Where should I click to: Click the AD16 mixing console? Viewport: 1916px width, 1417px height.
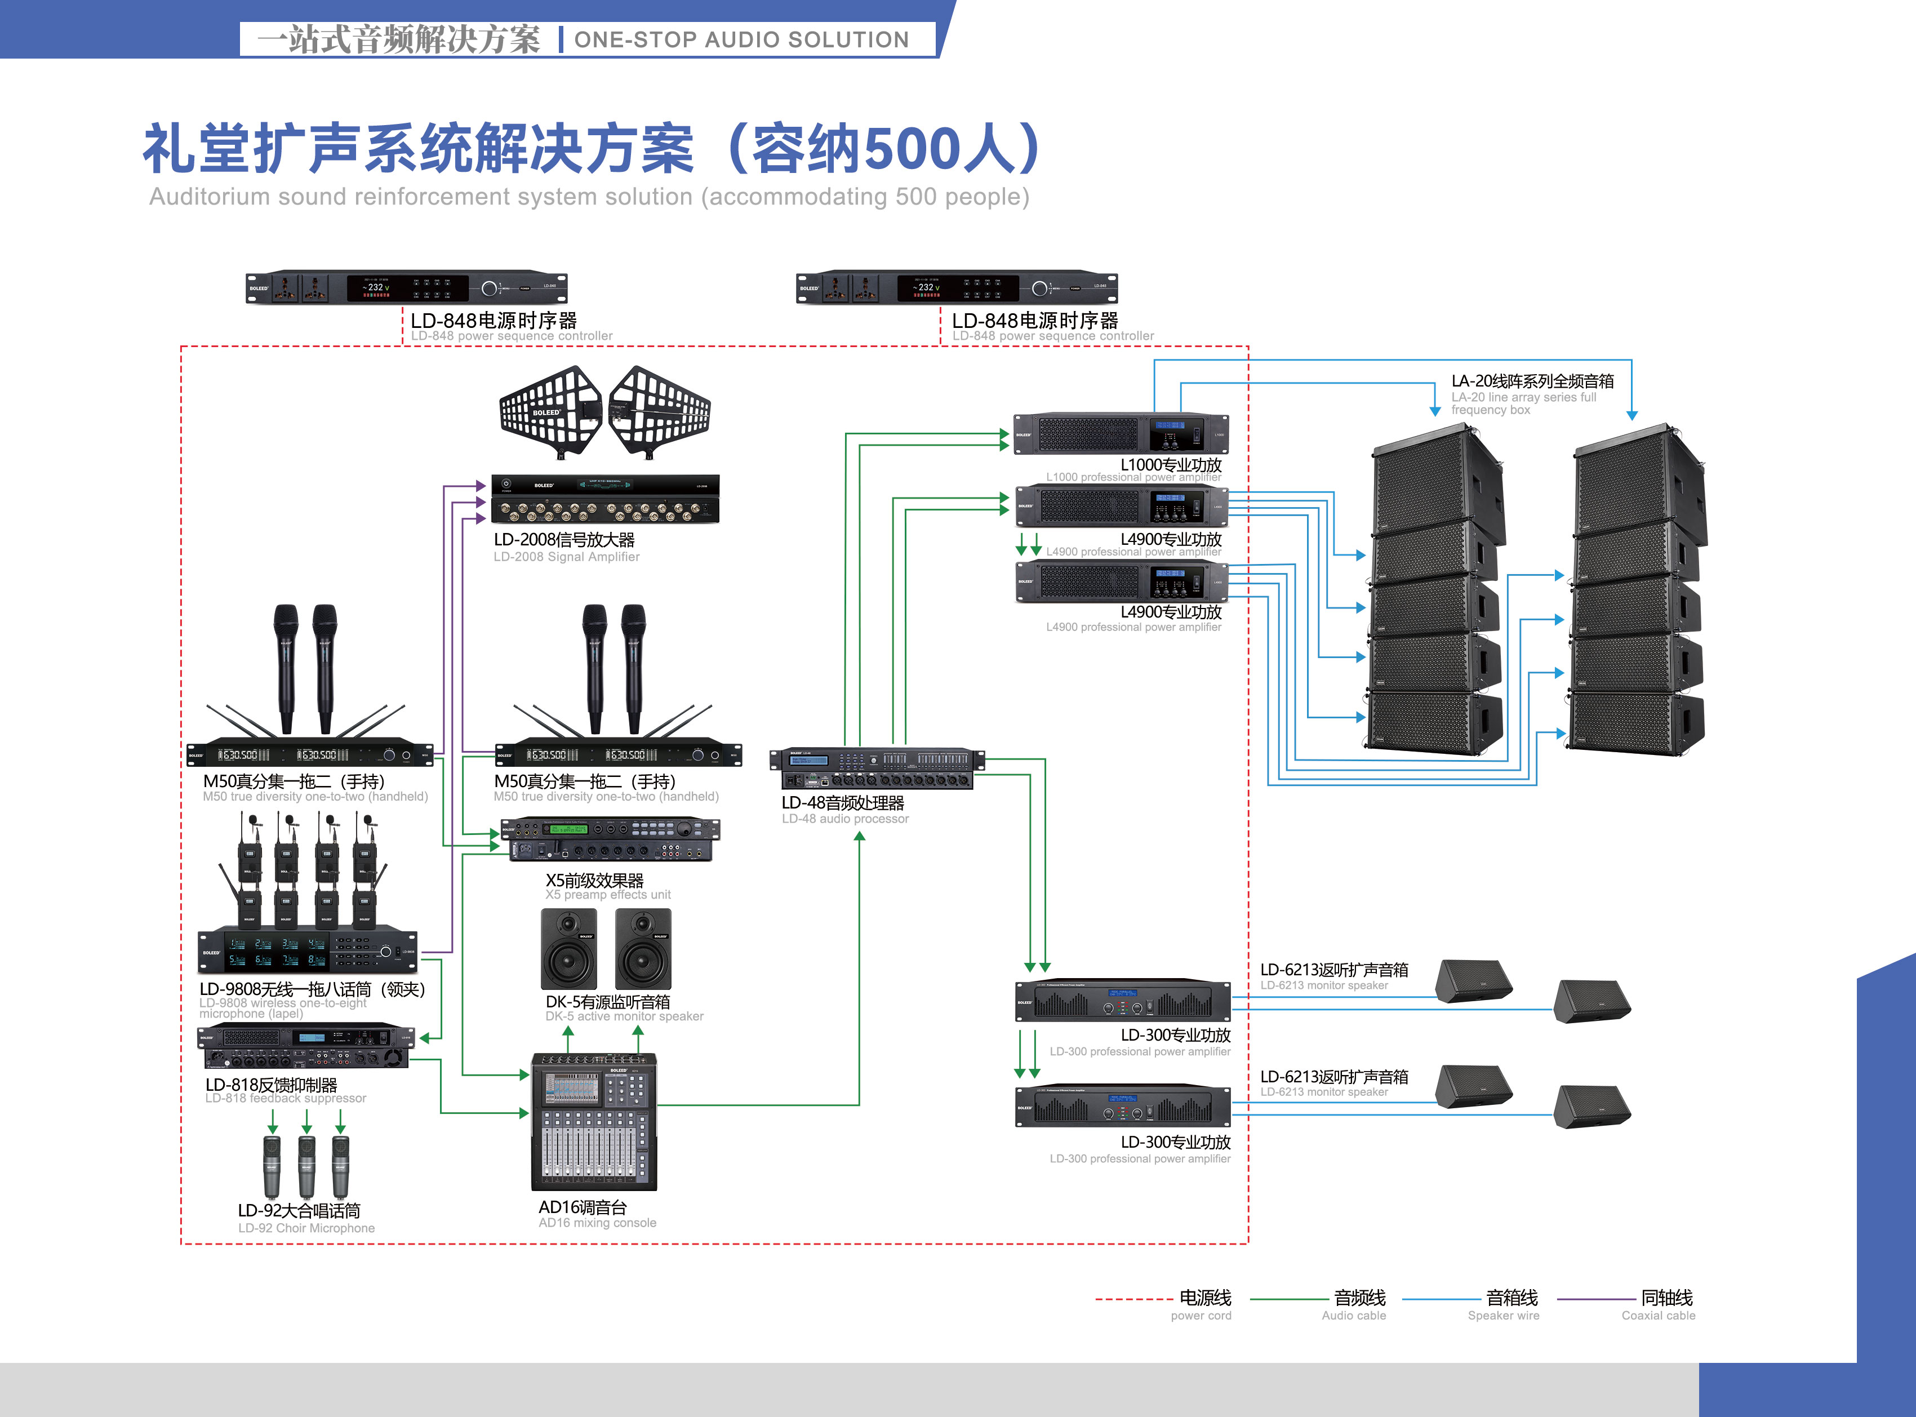[x=593, y=1122]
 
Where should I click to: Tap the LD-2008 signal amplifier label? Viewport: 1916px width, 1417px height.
[x=564, y=540]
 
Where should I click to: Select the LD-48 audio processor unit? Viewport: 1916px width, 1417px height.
[x=877, y=769]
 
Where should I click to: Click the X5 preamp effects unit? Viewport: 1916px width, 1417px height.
[x=610, y=839]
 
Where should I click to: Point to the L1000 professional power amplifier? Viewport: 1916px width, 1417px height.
[x=1120, y=433]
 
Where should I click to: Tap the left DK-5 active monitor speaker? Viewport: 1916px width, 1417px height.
[x=568, y=949]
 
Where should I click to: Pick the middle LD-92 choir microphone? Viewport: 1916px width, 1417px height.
[x=306, y=1166]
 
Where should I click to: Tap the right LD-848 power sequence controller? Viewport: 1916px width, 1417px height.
[x=956, y=288]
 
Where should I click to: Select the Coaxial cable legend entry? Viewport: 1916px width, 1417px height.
[x=1666, y=1298]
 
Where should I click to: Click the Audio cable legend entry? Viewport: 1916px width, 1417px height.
[x=1359, y=1298]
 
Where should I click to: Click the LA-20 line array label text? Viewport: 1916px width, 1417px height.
[x=1532, y=381]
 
